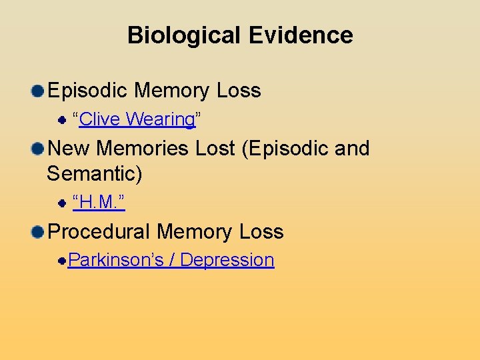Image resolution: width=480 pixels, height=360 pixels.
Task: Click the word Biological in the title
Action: click(173, 35)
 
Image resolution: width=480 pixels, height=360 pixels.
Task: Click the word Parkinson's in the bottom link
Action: click(116, 259)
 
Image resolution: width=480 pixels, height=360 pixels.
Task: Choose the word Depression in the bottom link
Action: click(227, 259)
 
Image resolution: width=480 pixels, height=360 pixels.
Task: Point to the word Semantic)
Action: click(95, 175)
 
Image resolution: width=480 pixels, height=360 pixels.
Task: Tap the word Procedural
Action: click(99, 232)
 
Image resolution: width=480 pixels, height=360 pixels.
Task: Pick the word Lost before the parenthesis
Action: click(215, 148)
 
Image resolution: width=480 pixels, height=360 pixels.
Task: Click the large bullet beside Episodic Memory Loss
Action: click(38, 91)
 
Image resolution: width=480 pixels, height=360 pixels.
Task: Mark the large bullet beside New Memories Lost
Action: click(38, 149)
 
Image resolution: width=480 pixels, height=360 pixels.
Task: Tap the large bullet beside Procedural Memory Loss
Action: click(38, 232)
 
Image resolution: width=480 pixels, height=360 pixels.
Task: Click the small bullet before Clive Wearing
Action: click(61, 120)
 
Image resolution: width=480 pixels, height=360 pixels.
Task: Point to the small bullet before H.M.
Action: click(61, 201)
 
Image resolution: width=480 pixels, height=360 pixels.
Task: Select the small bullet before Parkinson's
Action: click(61, 260)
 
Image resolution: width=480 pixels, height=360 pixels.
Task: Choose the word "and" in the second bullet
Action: click(352, 148)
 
